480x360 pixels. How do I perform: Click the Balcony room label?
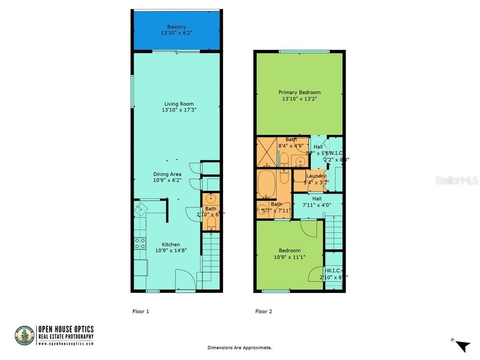click(x=176, y=27)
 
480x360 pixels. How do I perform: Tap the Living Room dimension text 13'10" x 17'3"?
click(x=179, y=110)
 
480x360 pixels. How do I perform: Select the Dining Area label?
click(x=167, y=174)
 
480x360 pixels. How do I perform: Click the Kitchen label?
click(x=171, y=244)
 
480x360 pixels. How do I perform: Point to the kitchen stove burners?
click(x=140, y=243)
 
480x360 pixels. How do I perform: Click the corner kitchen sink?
click(x=141, y=208)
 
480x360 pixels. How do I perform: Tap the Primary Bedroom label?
click(x=299, y=92)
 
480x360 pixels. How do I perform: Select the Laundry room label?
click(x=315, y=176)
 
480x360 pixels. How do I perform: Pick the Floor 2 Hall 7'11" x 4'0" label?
click(x=317, y=199)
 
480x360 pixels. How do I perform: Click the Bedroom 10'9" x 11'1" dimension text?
click(x=289, y=257)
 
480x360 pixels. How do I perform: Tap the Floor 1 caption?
click(x=141, y=311)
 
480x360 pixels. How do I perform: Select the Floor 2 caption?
click(x=263, y=311)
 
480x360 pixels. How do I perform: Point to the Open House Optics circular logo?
click(x=24, y=336)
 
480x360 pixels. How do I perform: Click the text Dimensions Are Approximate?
click(x=240, y=348)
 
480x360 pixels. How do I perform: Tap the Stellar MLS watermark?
click(x=456, y=180)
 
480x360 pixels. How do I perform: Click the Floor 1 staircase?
click(x=211, y=255)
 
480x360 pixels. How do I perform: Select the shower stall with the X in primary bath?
click(x=267, y=152)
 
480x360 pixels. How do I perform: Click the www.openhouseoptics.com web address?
click(x=66, y=344)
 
